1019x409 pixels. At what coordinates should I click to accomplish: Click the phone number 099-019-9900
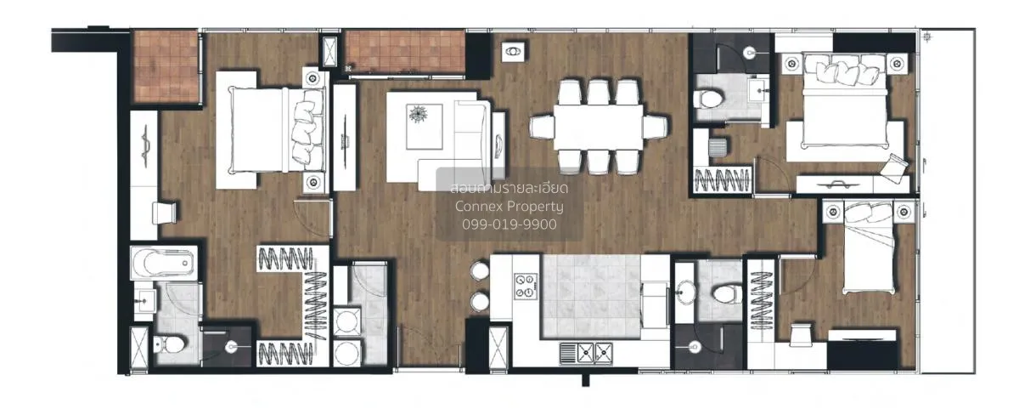click(x=509, y=224)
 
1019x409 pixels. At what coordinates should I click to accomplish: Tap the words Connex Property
click(x=509, y=206)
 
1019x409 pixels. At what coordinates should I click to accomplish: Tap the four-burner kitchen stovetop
click(x=526, y=285)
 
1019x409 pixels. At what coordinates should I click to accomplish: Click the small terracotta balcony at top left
click(x=166, y=66)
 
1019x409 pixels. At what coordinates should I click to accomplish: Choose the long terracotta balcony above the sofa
click(x=406, y=53)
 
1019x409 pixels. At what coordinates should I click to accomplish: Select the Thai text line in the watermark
click(x=509, y=187)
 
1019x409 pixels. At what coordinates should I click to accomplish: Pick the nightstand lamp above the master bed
click(x=313, y=79)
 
